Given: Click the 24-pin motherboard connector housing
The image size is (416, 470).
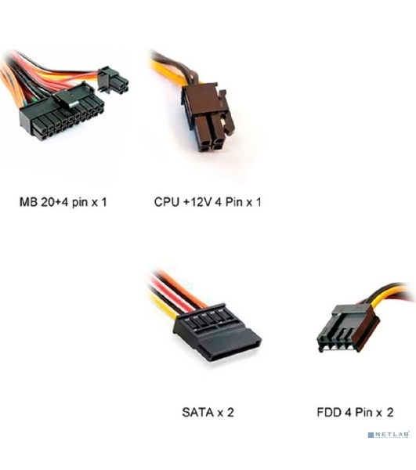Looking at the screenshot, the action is click(61, 116).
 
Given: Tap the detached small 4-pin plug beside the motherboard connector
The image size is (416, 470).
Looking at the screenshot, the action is click(113, 80).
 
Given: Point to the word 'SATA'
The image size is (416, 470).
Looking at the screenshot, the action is click(197, 413).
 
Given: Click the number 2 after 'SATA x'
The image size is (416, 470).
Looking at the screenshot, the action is click(230, 413).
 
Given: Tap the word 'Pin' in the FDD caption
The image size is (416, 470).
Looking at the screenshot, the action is click(364, 413).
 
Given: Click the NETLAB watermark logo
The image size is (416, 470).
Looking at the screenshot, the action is click(389, 435).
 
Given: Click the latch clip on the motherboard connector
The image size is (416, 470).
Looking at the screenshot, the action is click(67, 98).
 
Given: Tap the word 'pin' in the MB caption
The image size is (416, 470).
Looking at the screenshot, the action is click(80, 203).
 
